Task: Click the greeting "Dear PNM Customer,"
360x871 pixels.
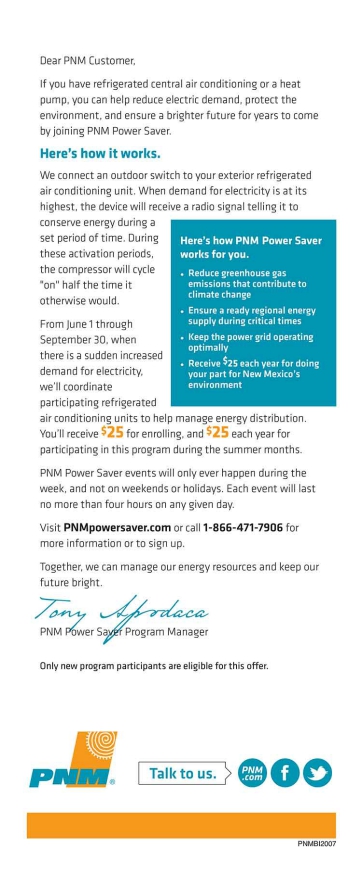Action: (87, 60)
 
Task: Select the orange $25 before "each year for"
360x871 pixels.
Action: (218, 432)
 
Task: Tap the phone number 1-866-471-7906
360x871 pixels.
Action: (242, 527)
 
